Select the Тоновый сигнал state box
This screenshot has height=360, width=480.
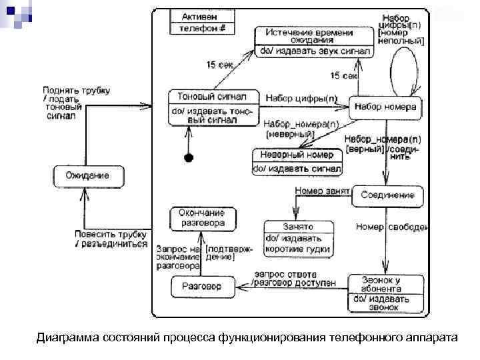[211, 107]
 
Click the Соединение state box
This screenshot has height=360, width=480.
[387, 195]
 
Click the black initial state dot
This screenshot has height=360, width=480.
[189, 157]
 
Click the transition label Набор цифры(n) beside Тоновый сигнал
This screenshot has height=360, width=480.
[301, 99]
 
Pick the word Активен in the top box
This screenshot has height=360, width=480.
[203, 15]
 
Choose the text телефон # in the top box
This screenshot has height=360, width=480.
[203, 28]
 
